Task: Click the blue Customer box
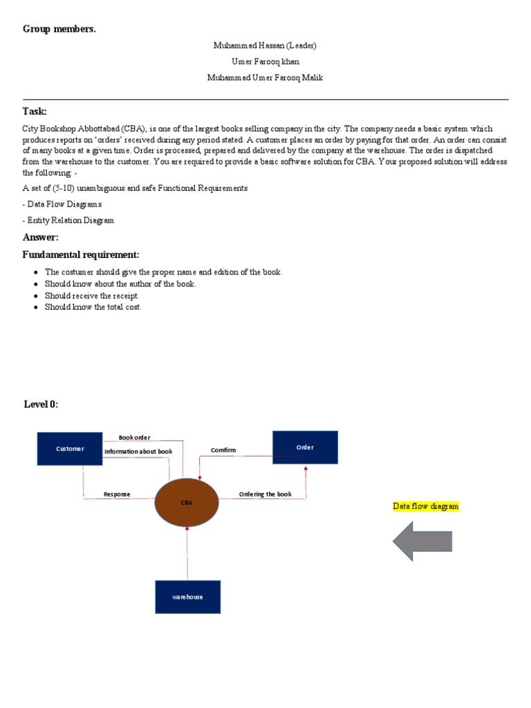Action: tap(70, 448)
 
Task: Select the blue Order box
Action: tap(305, 447)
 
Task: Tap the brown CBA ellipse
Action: tap(187, 503)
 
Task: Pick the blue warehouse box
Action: tap(187, 597)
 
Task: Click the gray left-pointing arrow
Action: tap(422, 541)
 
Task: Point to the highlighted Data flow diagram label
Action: tap(425, 507)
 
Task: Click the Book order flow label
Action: tap(134, 438)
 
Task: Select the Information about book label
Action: tap(138, 451)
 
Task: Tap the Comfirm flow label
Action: tap(223, 450)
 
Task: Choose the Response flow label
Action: tap(117, 494)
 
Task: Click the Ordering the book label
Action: tap(265, 494)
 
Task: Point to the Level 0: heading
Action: tap(41, 404)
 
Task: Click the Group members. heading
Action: tap(59, 29)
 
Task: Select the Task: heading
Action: tap(35, 111)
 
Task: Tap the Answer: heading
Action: tap(41, 238)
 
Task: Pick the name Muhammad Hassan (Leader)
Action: tap(265, 46)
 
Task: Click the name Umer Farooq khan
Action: tap(265, 62)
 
